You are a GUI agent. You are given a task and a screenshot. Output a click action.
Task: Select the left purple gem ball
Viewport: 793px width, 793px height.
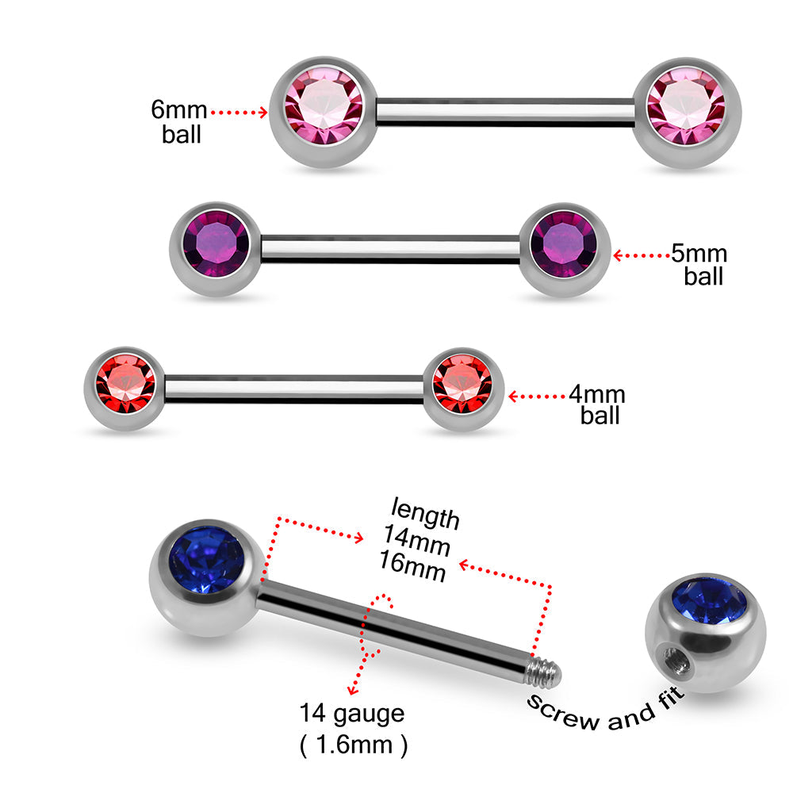click(215, 249)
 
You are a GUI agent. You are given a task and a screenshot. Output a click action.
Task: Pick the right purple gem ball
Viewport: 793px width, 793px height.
click(565, 249)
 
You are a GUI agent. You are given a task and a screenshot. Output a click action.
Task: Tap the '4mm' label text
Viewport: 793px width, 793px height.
click(597, 394)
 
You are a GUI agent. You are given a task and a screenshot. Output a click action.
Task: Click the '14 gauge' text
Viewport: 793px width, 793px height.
click(352, 713)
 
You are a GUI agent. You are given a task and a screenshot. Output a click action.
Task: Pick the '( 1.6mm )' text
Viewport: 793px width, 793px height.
click(354, 745)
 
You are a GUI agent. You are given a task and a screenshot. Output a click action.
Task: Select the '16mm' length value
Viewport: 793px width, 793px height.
click(419, 570)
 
